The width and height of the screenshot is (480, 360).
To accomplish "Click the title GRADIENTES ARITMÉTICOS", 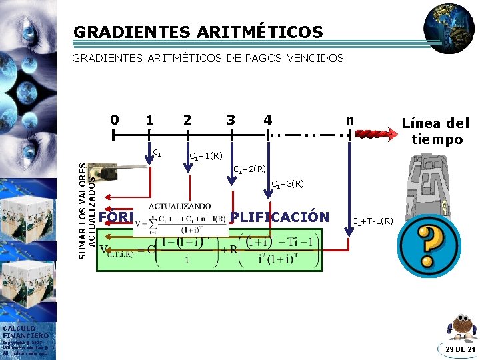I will click(x=198, y=32).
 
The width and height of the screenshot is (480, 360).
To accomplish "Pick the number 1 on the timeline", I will click(x=150, y=120).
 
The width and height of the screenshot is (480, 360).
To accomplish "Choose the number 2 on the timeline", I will click(x=187, y=120).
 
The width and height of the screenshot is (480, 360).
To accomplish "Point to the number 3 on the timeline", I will click(x=231, y=120).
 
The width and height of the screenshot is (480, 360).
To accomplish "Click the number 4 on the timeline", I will click(x=267, y=120).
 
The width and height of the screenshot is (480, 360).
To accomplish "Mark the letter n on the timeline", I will click(x=349, y=120).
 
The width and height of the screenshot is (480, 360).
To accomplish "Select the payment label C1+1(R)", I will click(x=206, y=156).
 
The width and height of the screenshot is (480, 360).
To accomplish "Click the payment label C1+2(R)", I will click(x=249, y=169).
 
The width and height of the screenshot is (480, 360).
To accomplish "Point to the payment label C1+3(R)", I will click(x=287, y=183).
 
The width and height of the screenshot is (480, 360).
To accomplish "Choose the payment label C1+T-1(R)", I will click(x=372, y=221).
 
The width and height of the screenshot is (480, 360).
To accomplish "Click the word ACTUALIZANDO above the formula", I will click(x=179, y=206).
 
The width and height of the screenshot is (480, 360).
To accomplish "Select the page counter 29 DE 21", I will click(x=460, y=349).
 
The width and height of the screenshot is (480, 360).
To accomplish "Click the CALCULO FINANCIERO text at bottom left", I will click(x=25, y=331).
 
